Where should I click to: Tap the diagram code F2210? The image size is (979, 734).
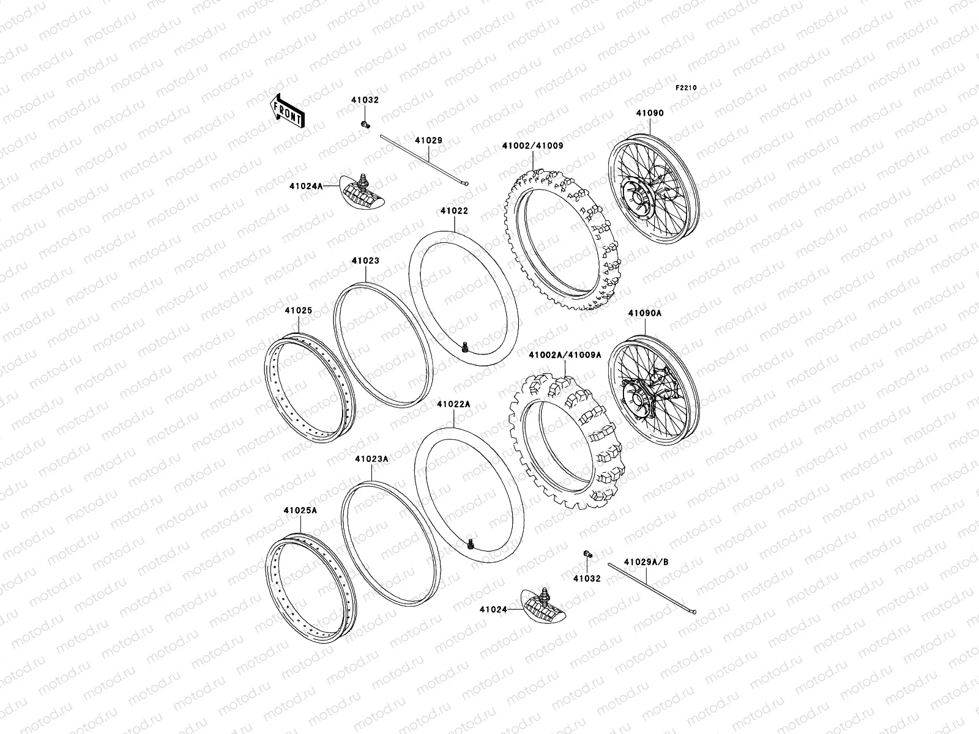click(x=687, y=87)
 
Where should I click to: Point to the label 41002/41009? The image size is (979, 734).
click(x=532, y=146)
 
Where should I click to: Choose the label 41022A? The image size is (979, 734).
click(x=453, y=404)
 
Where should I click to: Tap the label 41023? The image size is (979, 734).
click(x=365, y=261)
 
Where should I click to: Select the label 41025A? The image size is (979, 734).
click(x=300, y=510)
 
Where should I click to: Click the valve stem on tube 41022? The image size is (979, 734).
click(x=465, y=347)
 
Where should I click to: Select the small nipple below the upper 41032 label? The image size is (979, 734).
click(x=366, y=125)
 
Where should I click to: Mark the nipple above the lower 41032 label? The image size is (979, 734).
click(x=588, y=554)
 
